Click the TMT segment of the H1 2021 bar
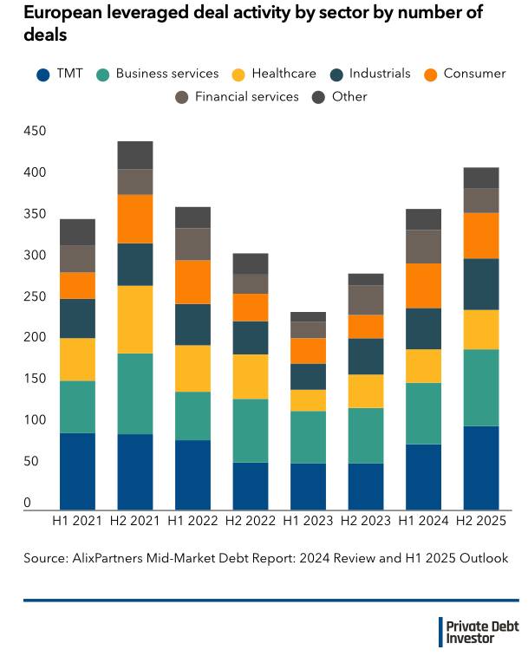77,471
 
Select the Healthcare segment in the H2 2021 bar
135,319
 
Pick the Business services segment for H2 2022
251,431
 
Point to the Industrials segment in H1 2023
308,376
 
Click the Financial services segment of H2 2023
366,300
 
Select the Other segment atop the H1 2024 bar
423,219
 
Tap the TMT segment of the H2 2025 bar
481,468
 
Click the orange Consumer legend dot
431,75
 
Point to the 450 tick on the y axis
35,132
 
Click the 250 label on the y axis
35,296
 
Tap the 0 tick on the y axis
28,503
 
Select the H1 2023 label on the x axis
308,522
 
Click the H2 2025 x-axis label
481,522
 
